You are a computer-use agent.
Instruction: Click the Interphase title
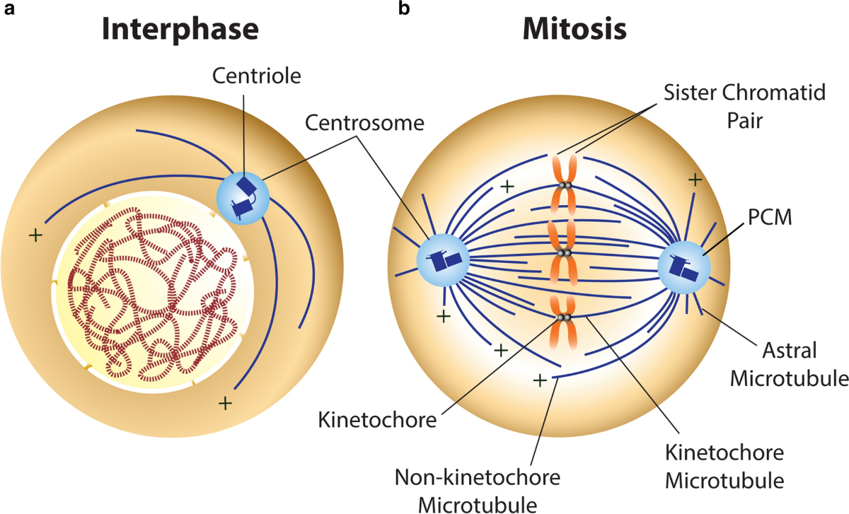(x=180, y=30)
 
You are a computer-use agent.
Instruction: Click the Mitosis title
(x=574, y=29)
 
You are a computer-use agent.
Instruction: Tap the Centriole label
(x=257, y=76)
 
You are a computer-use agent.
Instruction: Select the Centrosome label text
(x=364, y=123)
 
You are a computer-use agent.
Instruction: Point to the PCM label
(x=770, y=218)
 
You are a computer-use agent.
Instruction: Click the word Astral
(x=790, y=351)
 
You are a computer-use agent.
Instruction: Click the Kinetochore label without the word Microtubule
(x=377, y=420)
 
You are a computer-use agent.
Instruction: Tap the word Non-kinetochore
(x=478, y=477)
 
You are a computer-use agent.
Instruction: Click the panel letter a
(x=9, y=9)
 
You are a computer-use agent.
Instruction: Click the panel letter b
(x=404, y=8)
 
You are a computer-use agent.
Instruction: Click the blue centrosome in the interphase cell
(x=243, y=199)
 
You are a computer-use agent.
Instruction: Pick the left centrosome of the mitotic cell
(x=443, y=260)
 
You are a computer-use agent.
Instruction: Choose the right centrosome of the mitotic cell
(x=684, y=267)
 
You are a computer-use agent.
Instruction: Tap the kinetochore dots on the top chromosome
(x=565, y=186)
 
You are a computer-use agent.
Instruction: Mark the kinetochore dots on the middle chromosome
(x=565, y=253)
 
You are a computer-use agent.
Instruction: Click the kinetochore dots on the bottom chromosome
(x=564, y=317)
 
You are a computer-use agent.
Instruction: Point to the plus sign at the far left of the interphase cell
(x=35, y=235)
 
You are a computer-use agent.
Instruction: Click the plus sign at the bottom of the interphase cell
(x=225, y=404)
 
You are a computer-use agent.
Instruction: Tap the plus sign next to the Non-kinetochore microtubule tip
(x=540, y=380)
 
